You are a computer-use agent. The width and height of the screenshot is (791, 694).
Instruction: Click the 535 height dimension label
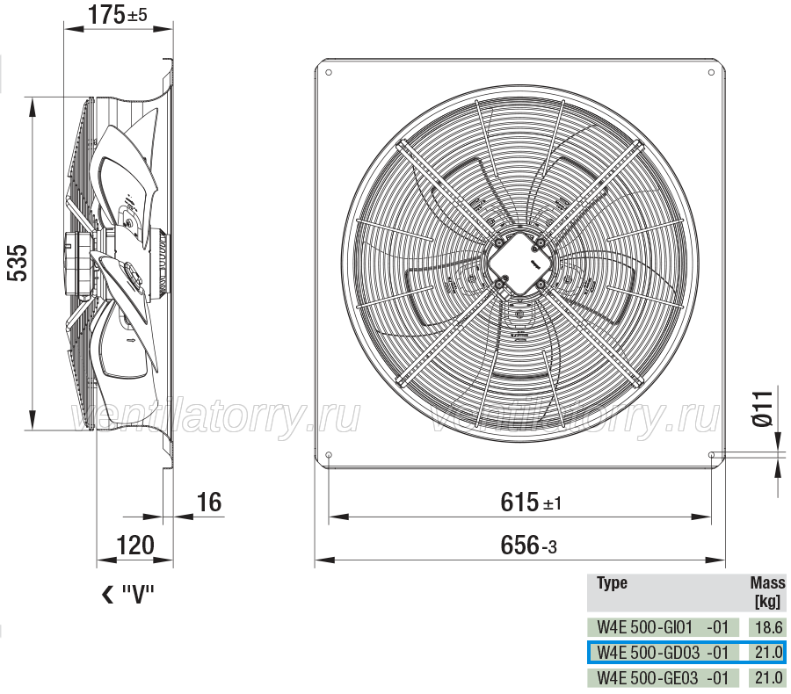coord(18,264)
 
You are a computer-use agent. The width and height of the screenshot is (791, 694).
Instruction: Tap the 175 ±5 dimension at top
coord(118,14)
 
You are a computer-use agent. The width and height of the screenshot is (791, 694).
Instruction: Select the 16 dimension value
coord(209,502)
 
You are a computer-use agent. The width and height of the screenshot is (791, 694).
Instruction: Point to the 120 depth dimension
coord(135,546)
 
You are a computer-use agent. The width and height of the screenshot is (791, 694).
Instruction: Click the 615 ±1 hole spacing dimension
coord(531,502)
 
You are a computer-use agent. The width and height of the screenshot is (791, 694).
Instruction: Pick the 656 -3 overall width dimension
coord(529,546)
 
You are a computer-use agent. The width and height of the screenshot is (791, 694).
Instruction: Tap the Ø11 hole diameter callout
coord(762,408)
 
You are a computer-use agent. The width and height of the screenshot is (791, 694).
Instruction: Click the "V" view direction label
coord(128,595)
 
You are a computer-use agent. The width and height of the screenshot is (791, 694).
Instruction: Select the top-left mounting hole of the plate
coord(329,73)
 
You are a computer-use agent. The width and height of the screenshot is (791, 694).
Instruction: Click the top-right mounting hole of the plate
coord(711,73)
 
